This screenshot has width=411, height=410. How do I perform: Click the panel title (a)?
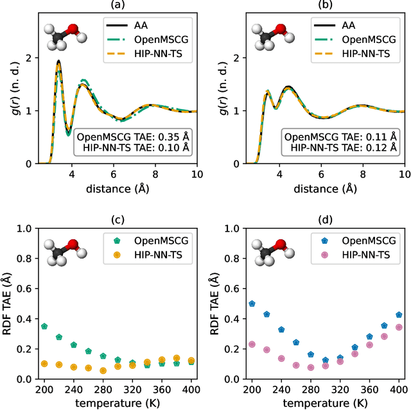[117, 6]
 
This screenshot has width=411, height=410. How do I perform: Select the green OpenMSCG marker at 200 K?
[44, 327]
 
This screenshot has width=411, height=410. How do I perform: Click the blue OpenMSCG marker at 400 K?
[399, 315]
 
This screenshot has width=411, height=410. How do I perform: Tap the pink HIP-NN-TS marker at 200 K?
[252, 345]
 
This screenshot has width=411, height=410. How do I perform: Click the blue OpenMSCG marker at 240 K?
[281, 330]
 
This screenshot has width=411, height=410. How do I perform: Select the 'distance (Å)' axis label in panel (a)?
[118, 188]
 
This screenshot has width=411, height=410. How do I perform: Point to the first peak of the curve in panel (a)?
[58, 62]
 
